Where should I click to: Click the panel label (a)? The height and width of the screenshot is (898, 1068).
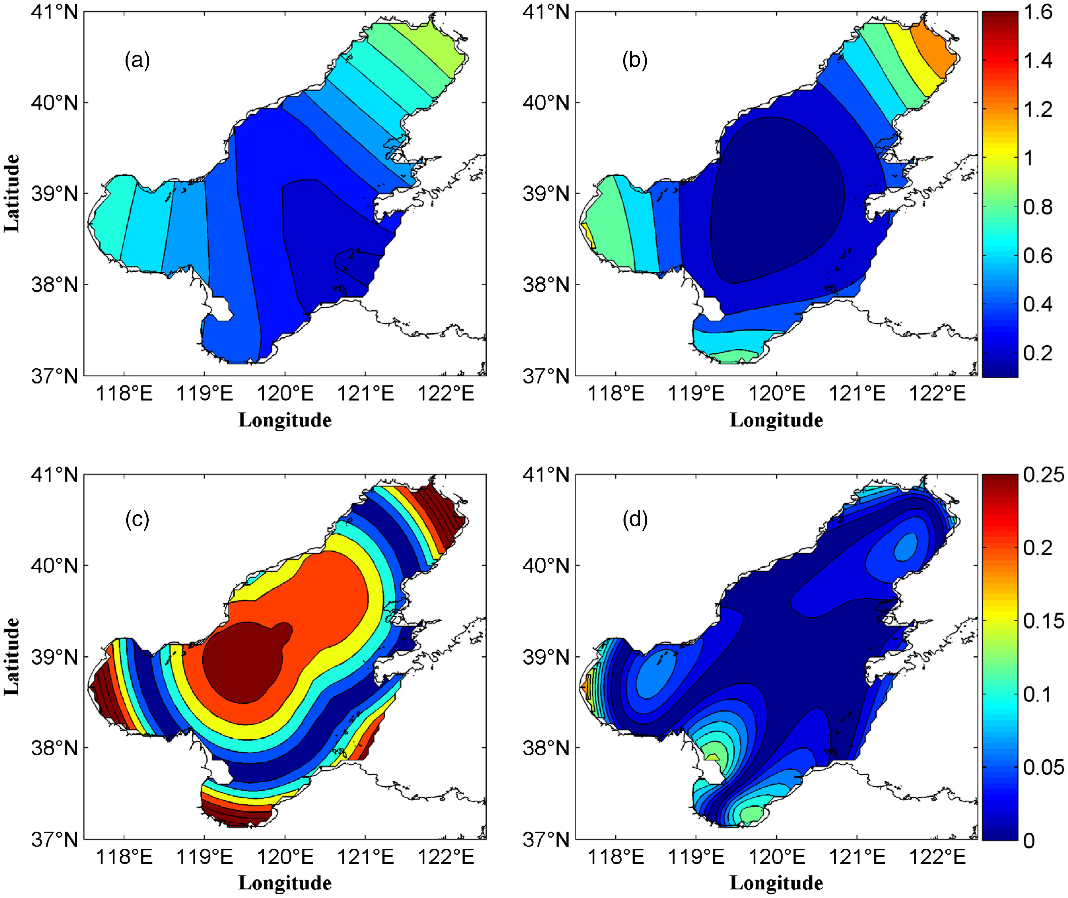pos(137,61)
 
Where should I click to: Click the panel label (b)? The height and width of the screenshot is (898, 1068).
pos(635,61)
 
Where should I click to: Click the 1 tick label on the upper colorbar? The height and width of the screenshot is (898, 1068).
pos(1029,158)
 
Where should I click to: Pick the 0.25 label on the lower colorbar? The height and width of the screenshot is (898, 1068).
pos(1044,475)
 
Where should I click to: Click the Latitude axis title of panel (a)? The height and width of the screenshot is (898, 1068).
pos(12,193)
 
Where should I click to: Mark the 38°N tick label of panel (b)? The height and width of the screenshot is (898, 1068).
pos(547,285)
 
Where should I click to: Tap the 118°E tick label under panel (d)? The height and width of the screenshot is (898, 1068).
pos(616,857)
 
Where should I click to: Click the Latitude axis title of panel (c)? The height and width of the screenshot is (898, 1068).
pos(12,656)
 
